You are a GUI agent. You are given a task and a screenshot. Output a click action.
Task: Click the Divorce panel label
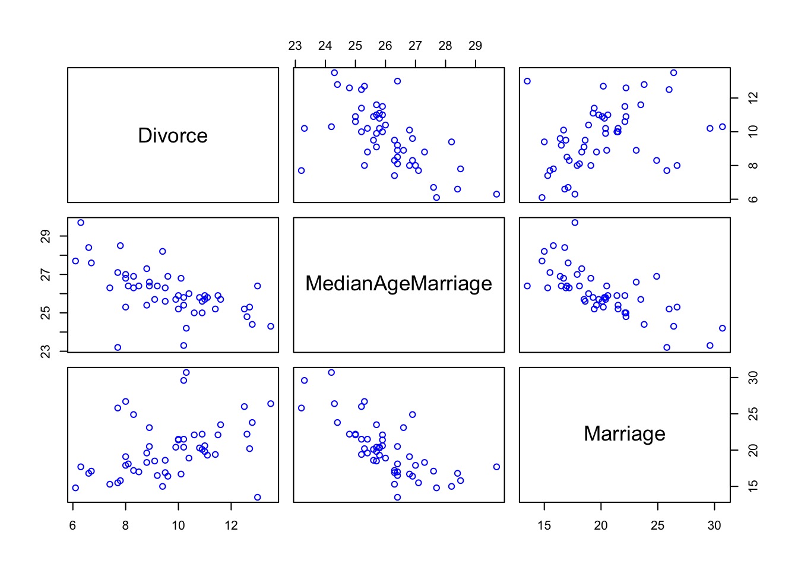coord(173,136)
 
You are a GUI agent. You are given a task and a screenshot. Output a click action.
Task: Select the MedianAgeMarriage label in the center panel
coord(398,284)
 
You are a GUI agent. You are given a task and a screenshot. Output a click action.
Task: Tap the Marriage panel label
coord(624,433)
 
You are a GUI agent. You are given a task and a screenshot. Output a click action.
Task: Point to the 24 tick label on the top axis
coord(325,46)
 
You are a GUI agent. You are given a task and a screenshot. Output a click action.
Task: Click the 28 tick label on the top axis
coord(445,46)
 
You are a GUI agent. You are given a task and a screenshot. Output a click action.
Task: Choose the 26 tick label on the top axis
coord(385,46)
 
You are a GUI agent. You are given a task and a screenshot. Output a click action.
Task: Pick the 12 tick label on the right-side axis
coord(753,97)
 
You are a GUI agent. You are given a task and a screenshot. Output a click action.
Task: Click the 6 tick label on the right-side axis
coord(753,199)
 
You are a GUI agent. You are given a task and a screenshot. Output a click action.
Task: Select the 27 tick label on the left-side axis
coord(46,275)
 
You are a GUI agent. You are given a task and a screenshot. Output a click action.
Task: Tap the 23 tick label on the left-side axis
coord(46,351)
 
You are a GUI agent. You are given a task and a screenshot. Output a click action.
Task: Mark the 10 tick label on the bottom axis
coord(178,525)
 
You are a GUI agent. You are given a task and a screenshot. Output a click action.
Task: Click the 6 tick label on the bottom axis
coord(72,525)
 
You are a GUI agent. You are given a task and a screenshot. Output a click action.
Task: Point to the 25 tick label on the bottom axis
coord(658,525)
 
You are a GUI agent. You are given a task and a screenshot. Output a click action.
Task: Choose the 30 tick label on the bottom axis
coord(714,525)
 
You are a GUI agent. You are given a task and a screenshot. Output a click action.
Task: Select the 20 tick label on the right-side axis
coord(753,450)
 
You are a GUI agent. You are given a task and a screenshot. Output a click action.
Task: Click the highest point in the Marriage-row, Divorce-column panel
coord(186,372)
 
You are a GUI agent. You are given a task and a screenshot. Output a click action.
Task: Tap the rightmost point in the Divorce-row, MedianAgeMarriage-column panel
coord(496,194)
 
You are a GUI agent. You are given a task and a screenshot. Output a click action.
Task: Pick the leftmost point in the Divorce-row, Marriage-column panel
coord(527,81)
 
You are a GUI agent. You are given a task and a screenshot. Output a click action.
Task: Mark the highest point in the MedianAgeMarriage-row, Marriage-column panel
coord(575,223)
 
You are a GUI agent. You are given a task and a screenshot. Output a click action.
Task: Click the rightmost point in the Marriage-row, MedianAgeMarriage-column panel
coord(496,467)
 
